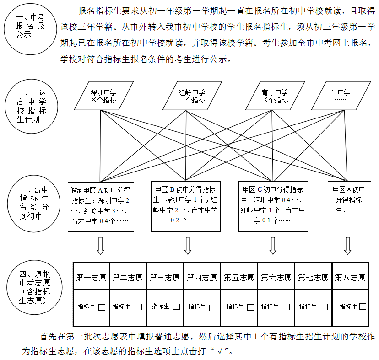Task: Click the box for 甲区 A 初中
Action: (x=101, y=205)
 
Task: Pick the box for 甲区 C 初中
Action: (x=273, y=205)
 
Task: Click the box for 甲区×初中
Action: (x=349, y=200)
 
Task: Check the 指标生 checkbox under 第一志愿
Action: (x=102, y=307)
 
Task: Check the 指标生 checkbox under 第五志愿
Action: (x=250, y=307)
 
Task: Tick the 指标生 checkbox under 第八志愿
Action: (x=363, y=306)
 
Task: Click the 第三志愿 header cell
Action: (x=165, y=278)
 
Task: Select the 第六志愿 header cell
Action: (x=276, y=278)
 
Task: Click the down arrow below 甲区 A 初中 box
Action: (x=101, y=245)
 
